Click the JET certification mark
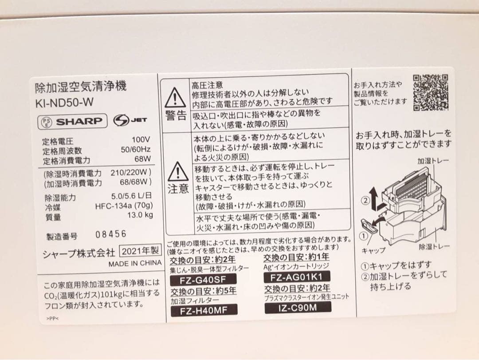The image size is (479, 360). coord(130,120)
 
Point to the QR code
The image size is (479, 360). coord(431,92)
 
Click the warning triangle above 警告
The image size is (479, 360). coord(176,98)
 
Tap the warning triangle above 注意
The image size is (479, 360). coord(178,171)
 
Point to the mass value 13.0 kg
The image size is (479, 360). coord(141,215)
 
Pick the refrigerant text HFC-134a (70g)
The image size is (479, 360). coord(124,206)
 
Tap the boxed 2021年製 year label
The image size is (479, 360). coord(140,251)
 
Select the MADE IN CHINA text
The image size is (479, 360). coord(135,263)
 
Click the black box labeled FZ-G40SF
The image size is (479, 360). coord(204,280)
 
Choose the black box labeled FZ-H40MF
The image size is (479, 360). coord(204,310)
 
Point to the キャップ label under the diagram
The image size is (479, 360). coord(373,250)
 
